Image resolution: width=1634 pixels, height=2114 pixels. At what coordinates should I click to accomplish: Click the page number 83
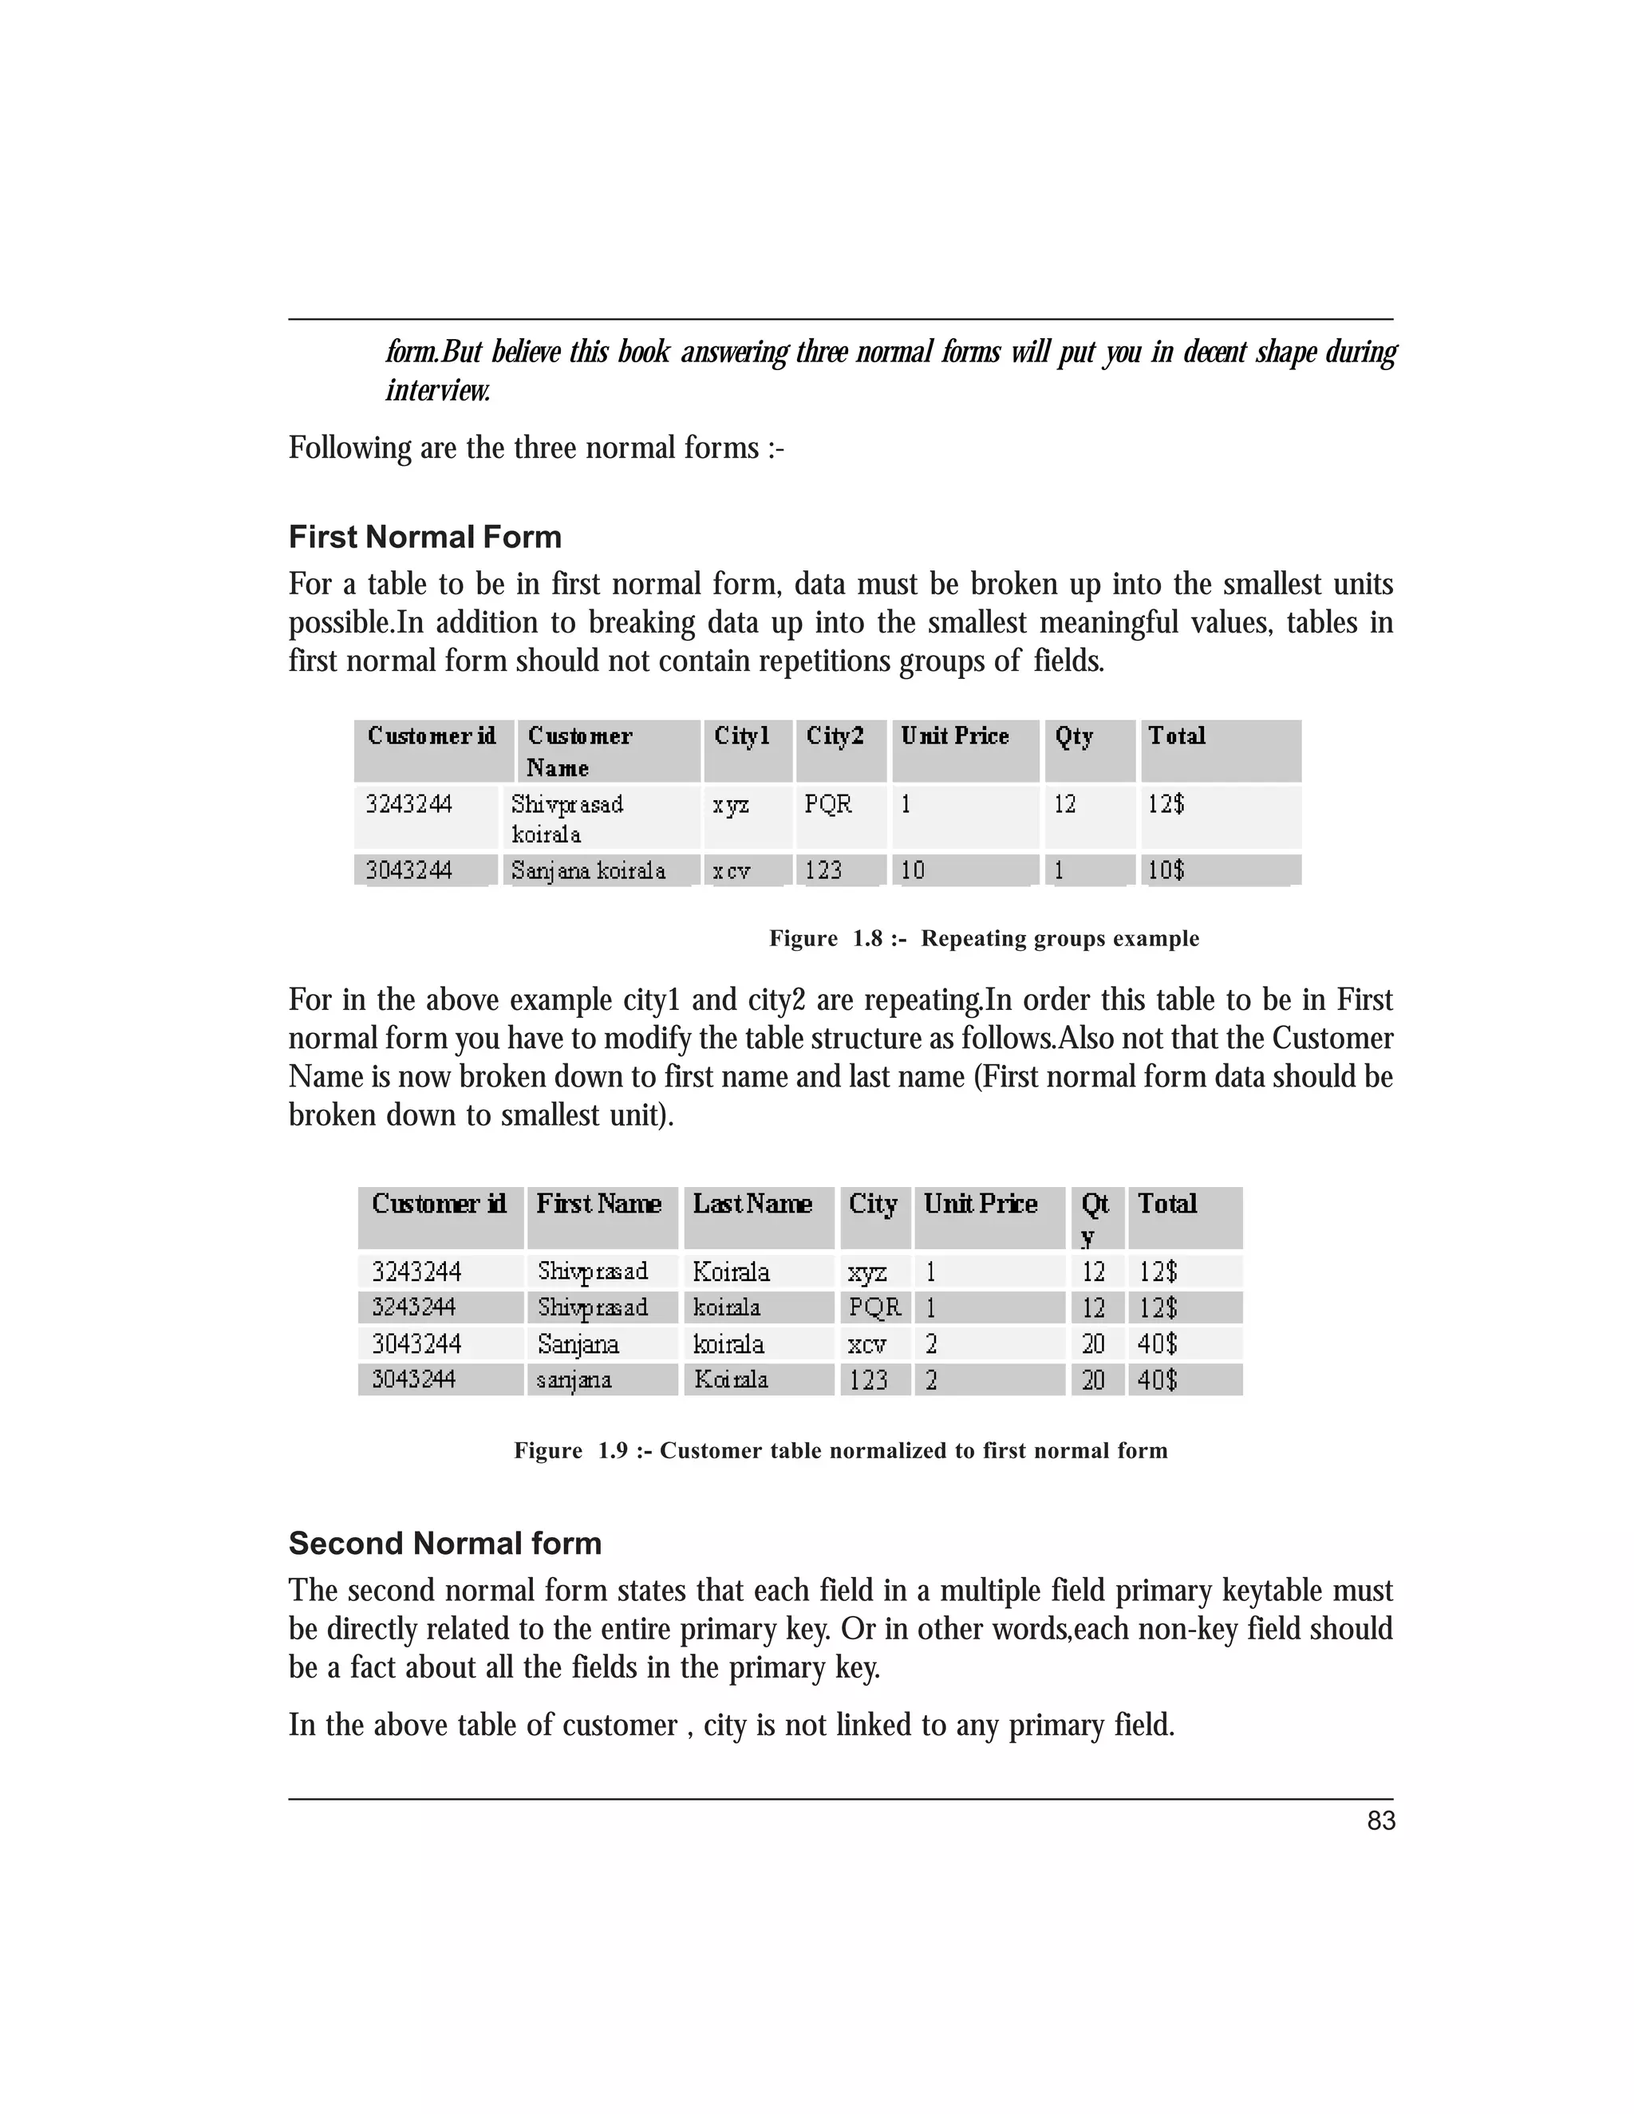pyautogui.click(x=1380, y=1820)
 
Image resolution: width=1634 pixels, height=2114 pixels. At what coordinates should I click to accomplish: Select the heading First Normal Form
pyautogui.click(x=425, y=537)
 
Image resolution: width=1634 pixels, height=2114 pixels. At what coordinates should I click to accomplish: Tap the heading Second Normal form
pyautogui.click(x=444, y=1542)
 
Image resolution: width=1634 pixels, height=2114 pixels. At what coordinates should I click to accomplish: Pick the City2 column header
pyautogui.click(x=835, y=736)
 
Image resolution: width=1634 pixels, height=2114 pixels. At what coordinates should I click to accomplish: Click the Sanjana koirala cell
pyautogui.click(x=587, y=870)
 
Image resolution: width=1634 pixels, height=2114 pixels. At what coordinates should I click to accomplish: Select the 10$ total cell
pyautogui.click(x=1166, y=870)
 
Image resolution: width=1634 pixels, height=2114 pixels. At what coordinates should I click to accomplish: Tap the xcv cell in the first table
pyautogui.click(x=731, y=870)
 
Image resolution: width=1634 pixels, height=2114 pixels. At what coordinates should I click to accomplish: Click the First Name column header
pyautogui.click(x=598, y=1204)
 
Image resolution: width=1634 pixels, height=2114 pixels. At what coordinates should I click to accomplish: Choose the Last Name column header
pyautogui.click(x=752, y=1204)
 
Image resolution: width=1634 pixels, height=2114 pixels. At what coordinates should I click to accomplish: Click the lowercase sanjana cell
pyautogui.click(x=574, y=1379)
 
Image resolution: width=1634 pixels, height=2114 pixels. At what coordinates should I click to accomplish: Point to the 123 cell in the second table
pyautogui.click(x=867, y=1379)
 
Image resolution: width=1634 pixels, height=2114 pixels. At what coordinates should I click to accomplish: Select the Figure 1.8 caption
pyautogui.click(x=984, y=938)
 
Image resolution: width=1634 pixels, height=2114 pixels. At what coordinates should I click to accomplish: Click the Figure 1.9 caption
pyautogui.click(x=840, y=1450)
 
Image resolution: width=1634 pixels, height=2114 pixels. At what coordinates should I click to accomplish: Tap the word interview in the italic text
pyautogui.click(x=437, y=390)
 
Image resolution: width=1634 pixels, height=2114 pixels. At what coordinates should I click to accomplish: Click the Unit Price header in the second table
pyautogui.click(x=980, y=1204)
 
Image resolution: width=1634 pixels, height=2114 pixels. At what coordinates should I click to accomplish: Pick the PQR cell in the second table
pyautogui.click(x=874, y=1307)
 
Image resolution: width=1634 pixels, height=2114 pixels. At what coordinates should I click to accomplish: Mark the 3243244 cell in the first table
pyautogui.click(x=408, y=804)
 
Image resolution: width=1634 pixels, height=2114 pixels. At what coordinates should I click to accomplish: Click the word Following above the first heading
pyautogui.click(x=350, y=448)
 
